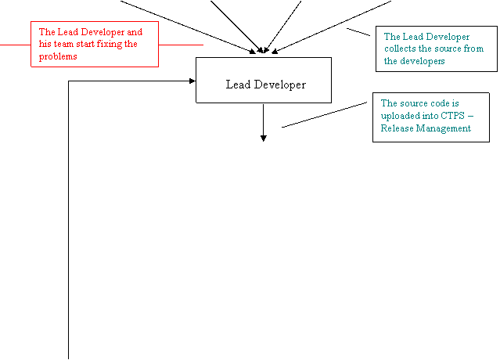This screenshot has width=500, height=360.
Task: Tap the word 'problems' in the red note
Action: tap(58, 56)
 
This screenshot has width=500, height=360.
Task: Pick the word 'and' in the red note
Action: tap(135, 32)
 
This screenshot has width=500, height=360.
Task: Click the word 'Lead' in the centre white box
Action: tap(238, 85)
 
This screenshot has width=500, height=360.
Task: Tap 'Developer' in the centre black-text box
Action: tap(279, 85)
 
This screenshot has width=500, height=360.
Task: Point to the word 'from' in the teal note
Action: tap(473, 49)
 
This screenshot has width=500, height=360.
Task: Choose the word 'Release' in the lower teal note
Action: tap(397, 128)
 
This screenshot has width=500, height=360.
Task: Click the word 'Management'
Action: tap(444, 128)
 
